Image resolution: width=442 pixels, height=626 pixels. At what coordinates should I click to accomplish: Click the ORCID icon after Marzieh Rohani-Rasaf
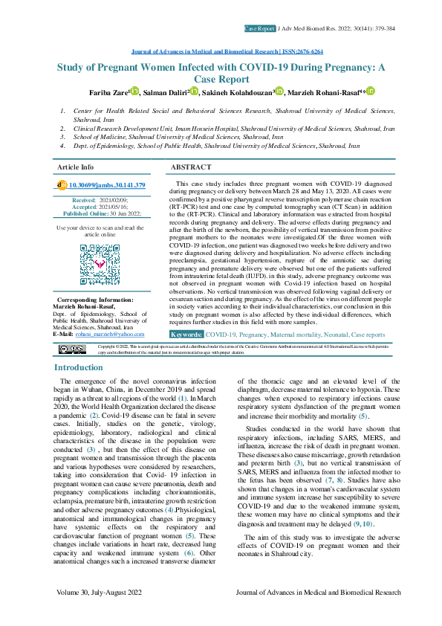coord(370,91)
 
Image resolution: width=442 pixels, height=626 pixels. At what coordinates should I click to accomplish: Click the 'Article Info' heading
coord(76,167)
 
